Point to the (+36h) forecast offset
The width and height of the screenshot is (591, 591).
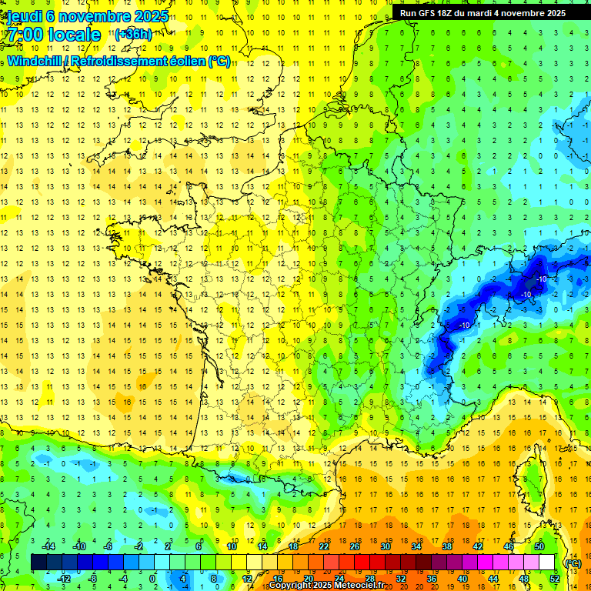coord(134,35)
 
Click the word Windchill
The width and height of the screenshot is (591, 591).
coord(38,62)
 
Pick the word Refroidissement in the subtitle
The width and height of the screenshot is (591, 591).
coord(132,62)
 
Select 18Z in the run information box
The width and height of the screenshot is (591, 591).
coord(449,13)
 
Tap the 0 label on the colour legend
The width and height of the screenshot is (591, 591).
coord(152,579)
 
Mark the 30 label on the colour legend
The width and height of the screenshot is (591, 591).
coord(385,546)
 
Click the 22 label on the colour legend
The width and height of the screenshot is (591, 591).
coord(324,546)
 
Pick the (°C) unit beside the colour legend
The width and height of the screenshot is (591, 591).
coord(572,563)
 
